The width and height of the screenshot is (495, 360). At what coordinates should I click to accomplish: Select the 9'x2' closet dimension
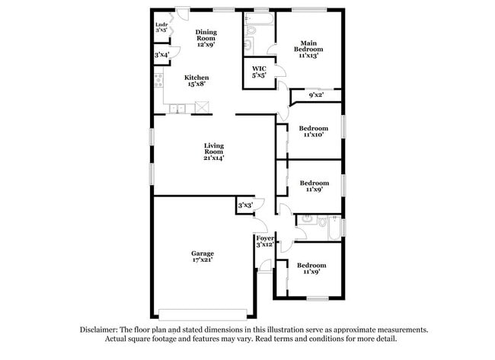coord(316,94)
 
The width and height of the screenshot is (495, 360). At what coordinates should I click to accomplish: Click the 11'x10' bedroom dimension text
coord(314,135)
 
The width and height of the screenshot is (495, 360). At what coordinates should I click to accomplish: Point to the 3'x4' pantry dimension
coord(161,55)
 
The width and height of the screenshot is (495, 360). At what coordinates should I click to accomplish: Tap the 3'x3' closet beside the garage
coord(245,205)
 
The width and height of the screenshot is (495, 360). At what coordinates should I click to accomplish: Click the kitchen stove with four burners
coord(159,80)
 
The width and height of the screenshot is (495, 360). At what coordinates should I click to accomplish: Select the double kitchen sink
coord(177,109)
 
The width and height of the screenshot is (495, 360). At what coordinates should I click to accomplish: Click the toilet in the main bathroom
coord(251,30)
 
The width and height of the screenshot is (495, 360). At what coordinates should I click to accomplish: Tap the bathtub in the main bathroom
coord(259,19)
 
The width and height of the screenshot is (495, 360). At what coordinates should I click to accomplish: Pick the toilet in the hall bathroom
coord(321,222)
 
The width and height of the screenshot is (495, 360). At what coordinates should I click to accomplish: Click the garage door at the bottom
coord(203,314)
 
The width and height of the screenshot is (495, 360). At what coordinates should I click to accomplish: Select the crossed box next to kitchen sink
coord(202,107)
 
